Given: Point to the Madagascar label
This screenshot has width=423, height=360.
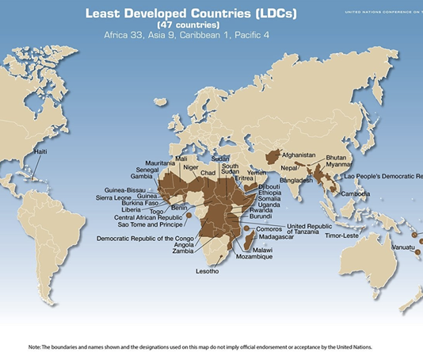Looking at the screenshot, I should point(281,236).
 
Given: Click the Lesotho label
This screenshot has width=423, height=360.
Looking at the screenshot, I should point(208,271).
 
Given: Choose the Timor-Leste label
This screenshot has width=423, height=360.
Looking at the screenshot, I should point(343,236).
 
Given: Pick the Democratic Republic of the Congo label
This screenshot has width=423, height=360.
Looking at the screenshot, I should point(146,238).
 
